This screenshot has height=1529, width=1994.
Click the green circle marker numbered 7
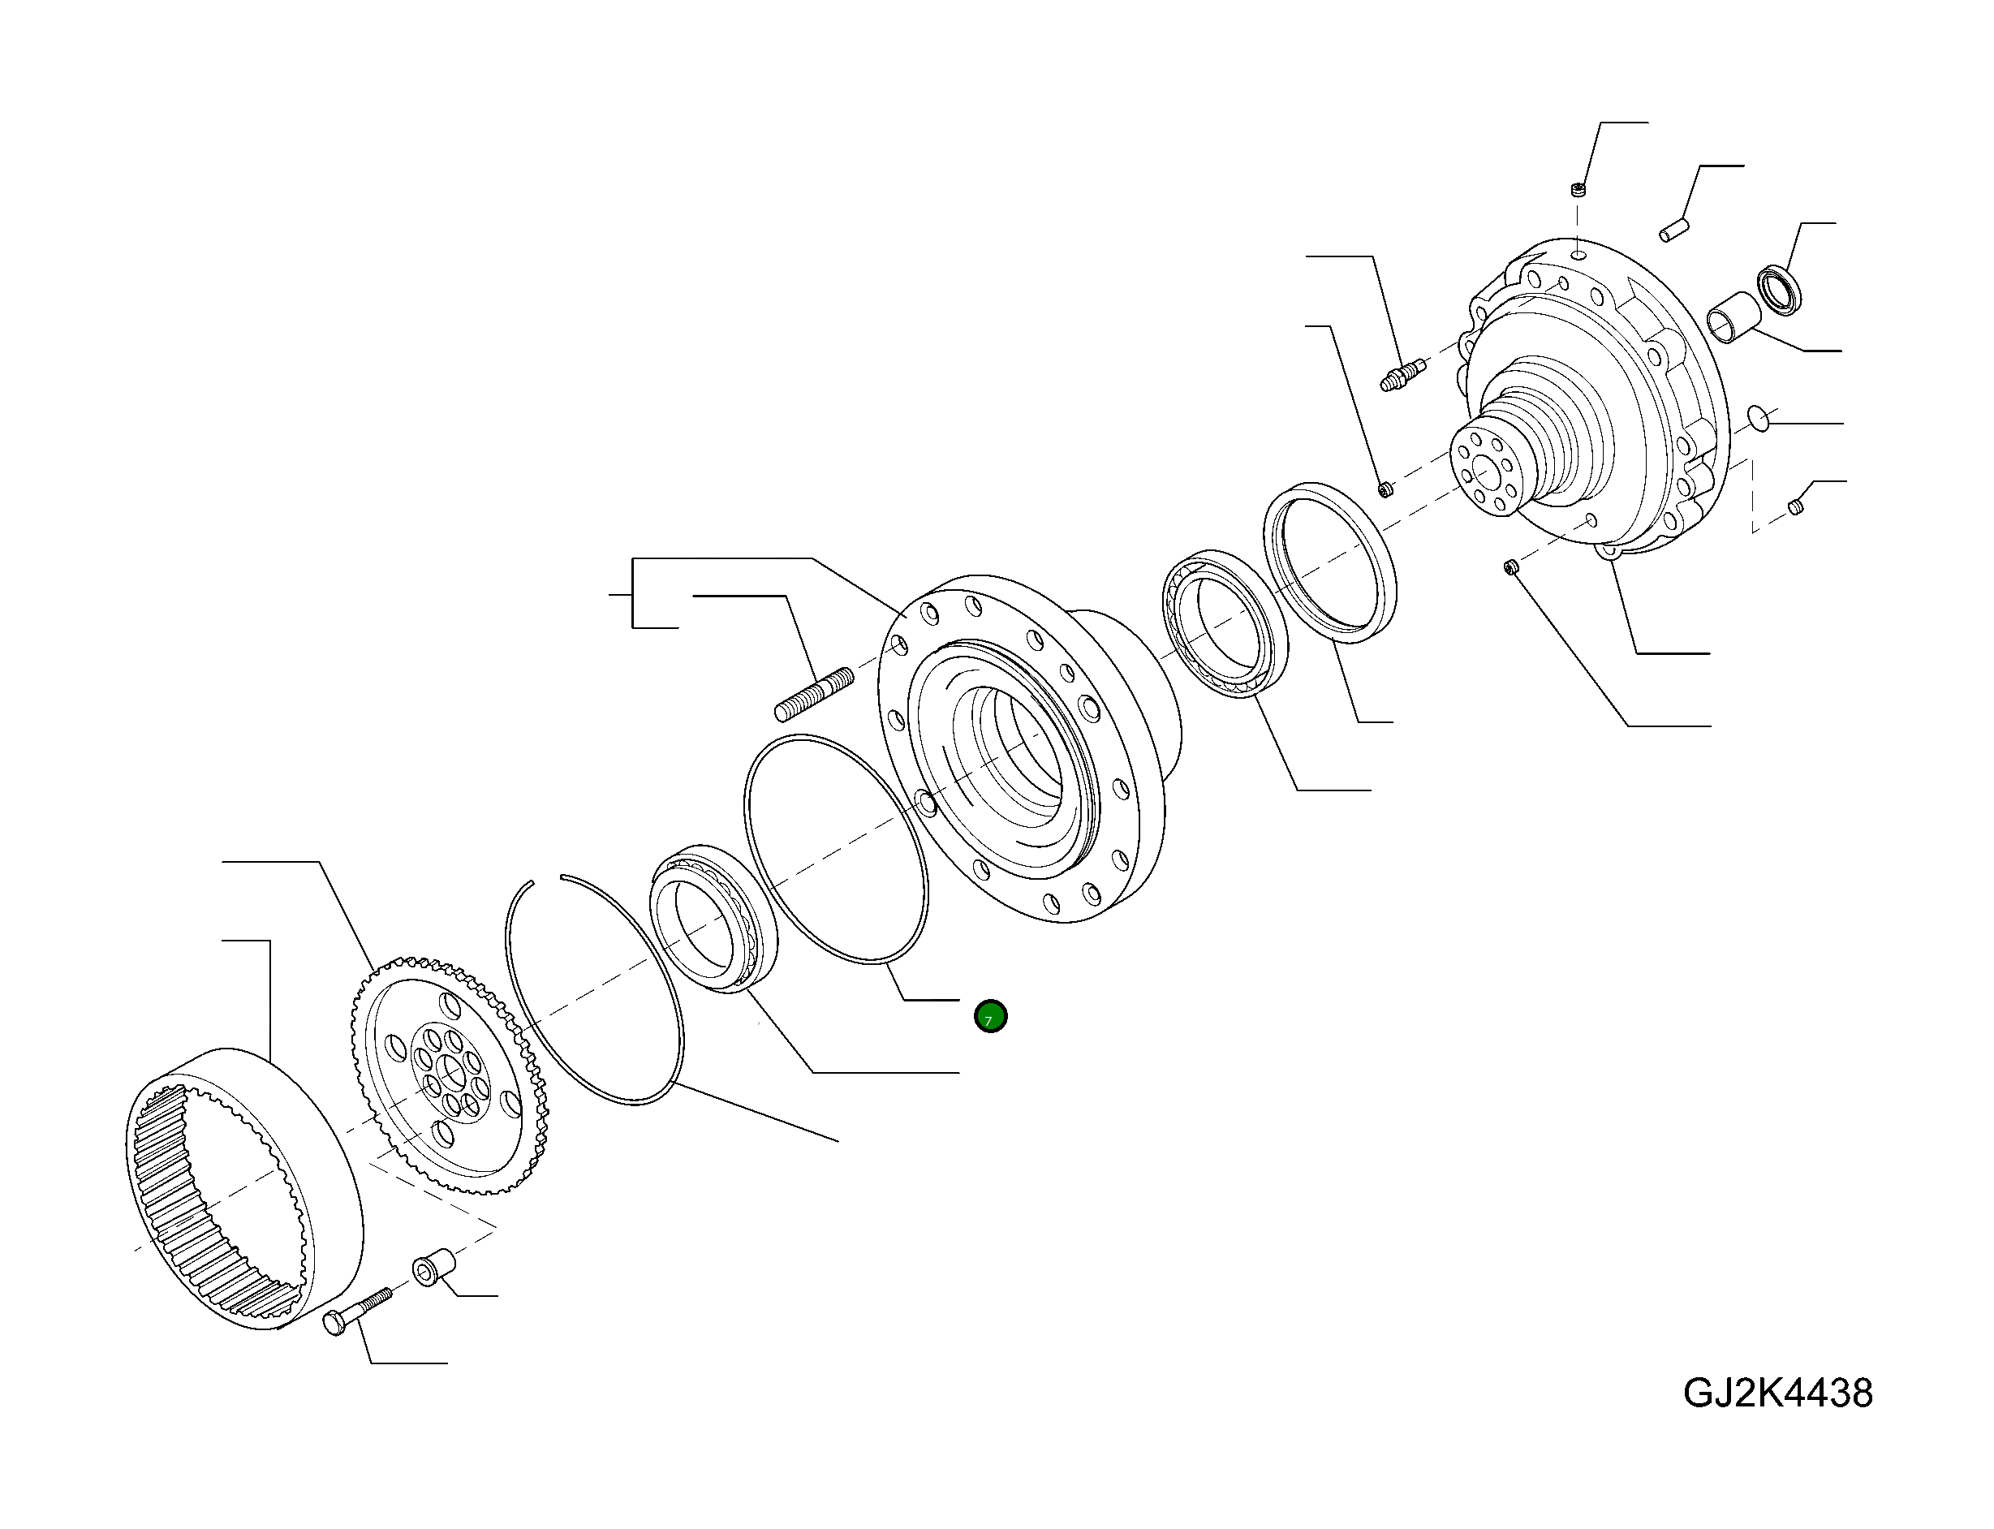click(x=989, y=1016)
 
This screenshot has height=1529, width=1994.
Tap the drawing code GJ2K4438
click(x=1777, y=1393)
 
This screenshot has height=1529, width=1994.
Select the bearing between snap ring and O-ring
click(x=713, y=917)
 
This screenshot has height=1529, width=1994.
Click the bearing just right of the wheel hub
click(x=1225, y=624)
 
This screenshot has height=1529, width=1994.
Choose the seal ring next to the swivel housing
click(x=1330, y=562)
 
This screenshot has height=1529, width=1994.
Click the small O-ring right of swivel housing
click(x=1759, y=420)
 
